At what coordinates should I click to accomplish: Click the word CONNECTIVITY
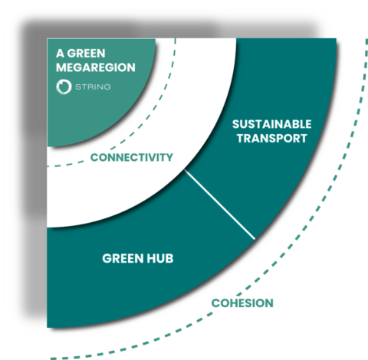pyautogui.click(x=131, y=158)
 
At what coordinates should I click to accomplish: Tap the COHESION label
pyautogui.click(x=242, y=303)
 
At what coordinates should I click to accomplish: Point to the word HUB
pyautogui.click(x=159, y=258)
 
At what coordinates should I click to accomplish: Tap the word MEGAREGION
pyautogui.click(x=95, y=67)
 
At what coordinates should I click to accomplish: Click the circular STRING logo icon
pyautogui.click(x=64, y=87)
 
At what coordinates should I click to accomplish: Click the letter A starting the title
pyautogui.click(x=60, y=54)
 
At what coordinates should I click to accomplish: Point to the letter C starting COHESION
pyautogui.click(x=215, y=303)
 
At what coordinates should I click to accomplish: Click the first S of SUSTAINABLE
pyautogui.click(x=235, y=123)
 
